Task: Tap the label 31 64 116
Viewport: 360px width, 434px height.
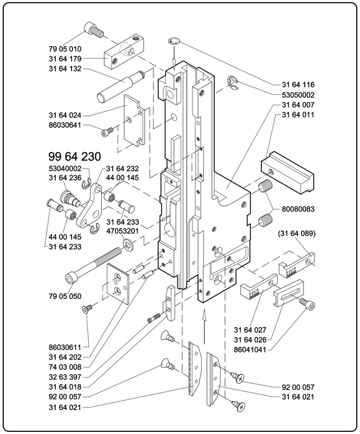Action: [298, 85]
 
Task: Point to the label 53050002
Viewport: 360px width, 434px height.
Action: [298, 95]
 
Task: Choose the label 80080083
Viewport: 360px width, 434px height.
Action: [298, 208]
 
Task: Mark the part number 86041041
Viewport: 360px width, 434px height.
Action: [250, 349]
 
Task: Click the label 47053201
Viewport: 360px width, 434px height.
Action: [123, 231]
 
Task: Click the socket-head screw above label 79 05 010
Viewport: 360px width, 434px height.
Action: [94, 31]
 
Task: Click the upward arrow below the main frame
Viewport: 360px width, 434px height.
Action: [204, 326]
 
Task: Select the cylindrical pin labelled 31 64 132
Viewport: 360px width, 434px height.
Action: [119, 87]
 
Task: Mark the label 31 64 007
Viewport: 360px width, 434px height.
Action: [298, 105]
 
